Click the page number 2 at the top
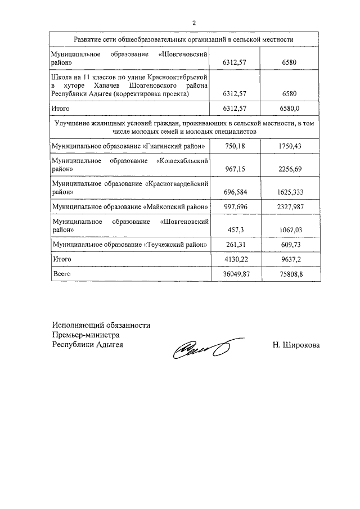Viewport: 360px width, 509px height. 193,23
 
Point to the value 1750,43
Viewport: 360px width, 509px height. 290,146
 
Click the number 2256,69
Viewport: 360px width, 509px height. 290,168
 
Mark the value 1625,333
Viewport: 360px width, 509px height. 290,192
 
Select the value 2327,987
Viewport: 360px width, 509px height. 290,207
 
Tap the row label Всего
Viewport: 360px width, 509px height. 62,274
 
